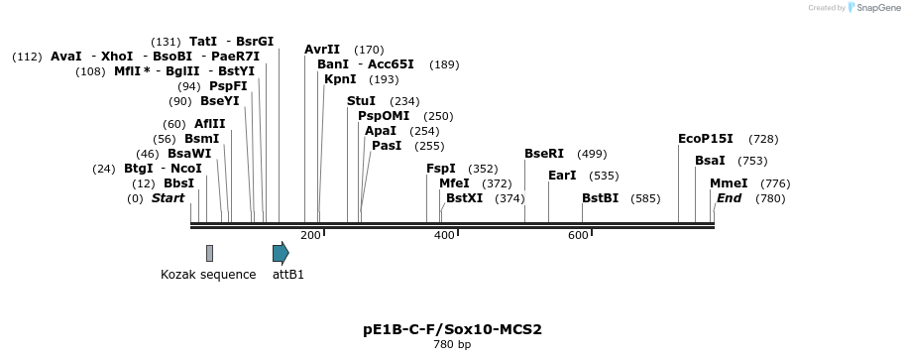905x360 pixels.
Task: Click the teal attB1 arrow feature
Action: click(281, 253)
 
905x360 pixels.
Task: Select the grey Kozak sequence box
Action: click(209, 253)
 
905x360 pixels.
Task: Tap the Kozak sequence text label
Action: click(208, 275)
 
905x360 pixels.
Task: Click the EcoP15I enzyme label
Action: click(706, 139)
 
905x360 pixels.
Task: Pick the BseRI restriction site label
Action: click(544, 154)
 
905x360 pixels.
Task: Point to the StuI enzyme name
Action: click(361, 101)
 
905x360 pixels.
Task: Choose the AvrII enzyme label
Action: click(322, 50)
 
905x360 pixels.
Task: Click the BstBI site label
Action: click(601, 198)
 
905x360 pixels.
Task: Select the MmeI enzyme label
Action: click(729, 183)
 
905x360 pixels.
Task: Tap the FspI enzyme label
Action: click(441, 169)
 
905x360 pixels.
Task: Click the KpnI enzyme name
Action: click(340, 79)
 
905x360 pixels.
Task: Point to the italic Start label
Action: click(168, 198)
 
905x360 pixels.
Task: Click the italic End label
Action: click(729, 198)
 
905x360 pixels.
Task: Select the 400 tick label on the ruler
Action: click(444, 235)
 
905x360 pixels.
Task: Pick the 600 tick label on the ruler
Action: click(578, 235)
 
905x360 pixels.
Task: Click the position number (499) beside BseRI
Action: click(592, 154)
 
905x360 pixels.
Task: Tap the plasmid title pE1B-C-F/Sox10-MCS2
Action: click(452, 329)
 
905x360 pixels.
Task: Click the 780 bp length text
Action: click(452, 345)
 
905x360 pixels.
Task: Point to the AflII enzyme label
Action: click(210, 124)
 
